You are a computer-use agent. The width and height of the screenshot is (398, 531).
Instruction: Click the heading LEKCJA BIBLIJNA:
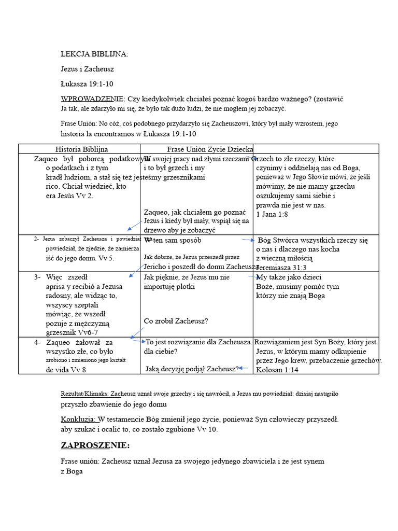click(94, 54)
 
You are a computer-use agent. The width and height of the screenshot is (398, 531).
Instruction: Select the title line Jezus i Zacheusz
click(87, 69)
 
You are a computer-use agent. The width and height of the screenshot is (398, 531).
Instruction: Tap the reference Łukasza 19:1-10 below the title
click(88, 83)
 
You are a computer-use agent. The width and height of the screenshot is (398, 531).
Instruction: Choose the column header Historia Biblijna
click(81, 149)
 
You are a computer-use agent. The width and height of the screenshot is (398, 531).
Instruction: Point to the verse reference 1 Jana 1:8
click(272, 214)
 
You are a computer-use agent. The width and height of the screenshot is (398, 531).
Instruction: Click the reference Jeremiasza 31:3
click(282, 268)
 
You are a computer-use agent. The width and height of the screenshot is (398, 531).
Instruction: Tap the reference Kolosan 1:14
click(277, 370)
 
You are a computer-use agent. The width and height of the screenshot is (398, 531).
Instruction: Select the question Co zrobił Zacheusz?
click(176, 321)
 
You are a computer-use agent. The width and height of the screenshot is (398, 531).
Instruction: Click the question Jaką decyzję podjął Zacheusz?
click(192, 369)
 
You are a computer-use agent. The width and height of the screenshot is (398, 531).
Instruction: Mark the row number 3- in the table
click(37, 277)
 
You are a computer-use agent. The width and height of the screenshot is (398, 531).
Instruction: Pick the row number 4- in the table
click(37, 343)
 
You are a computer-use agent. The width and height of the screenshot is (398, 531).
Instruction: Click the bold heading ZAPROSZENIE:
click(95, 445)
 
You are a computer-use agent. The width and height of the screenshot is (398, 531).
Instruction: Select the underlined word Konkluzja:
click(78, 419)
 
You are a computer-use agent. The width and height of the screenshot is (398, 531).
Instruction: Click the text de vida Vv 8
click(66, 370)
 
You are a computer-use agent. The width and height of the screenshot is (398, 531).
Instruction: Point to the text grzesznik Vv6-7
click(72, 332)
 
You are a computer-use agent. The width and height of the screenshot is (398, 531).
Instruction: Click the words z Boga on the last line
click(72, 471)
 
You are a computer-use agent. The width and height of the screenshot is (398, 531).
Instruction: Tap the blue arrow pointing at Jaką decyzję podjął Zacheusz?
click(244, 368)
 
